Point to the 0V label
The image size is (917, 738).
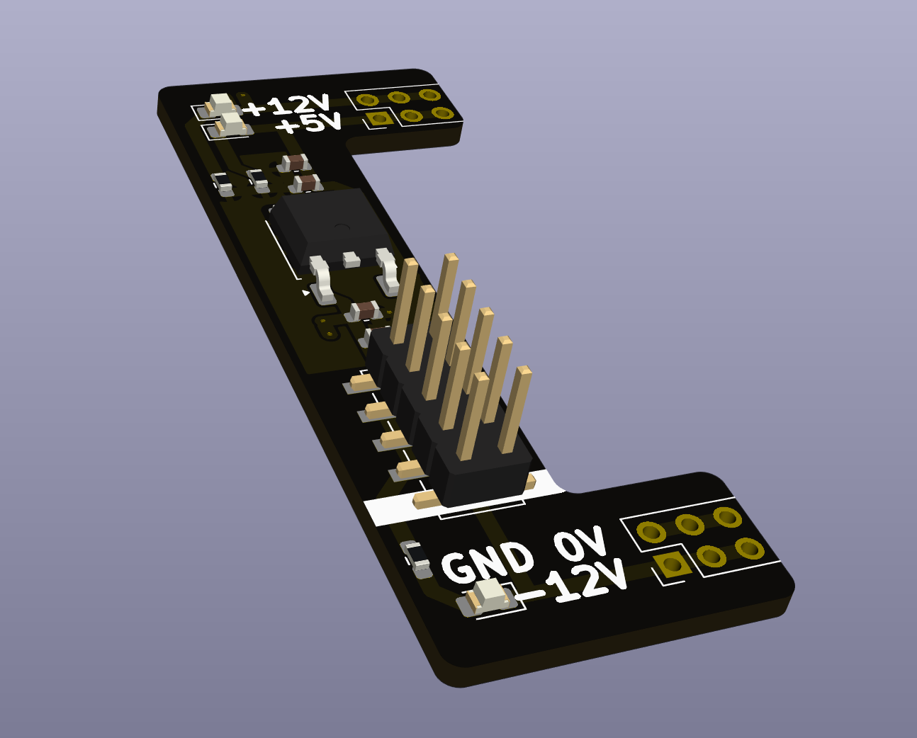coord(579,543)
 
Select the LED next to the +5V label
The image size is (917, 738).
coord(231,125)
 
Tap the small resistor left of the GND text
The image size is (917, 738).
coord(415,555)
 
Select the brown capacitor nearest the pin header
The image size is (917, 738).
coord(365,310)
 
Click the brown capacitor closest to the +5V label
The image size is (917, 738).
coord(306,183)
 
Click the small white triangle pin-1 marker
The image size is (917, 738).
coord(306,292)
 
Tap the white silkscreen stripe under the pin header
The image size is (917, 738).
coord(397,509)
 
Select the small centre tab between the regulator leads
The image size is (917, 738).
coord(351,259)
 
